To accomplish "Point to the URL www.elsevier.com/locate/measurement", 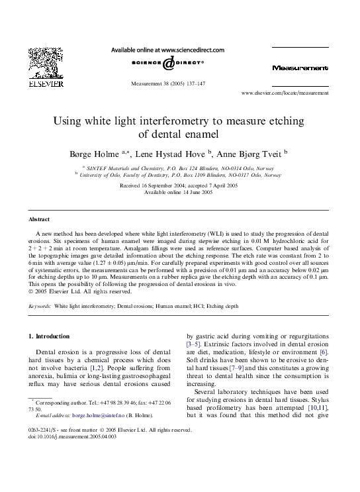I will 285,94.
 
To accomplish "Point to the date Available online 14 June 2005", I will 180,192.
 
